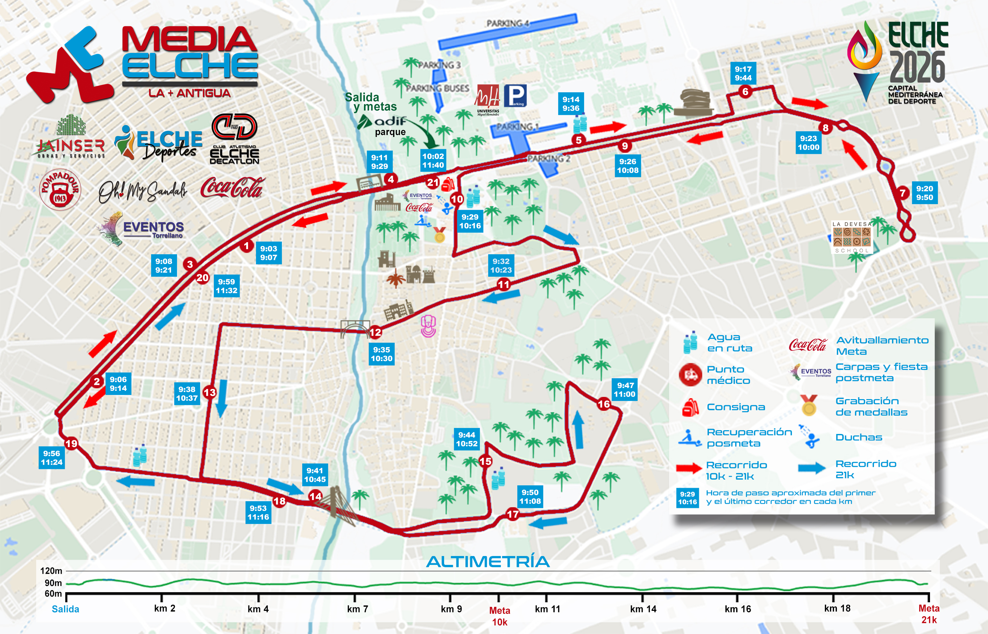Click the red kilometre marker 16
click(x=603, y=404)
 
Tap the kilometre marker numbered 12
click(x=375, y=332)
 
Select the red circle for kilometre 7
click(x=902, y=193)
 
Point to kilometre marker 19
click(x=71, y=443)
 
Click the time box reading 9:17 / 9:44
click(x=743, y=73)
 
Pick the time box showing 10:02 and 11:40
click(x=433, y=160)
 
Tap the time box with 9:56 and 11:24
click(x=51, y=458)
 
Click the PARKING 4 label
click(x=507, y=23)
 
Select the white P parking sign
click(x=515, y=95)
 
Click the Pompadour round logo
click(x=60, y=189)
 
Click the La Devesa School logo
click(x=852, y=237)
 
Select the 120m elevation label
click(x=51, y=571)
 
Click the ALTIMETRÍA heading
click(x=488, y=561)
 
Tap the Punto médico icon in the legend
click(x=690, y=375)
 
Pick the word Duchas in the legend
click(x=859, y=437)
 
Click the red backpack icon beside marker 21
click(x=448, y=184)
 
